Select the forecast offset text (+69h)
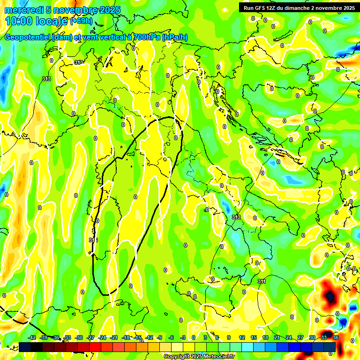(x=81, y=22)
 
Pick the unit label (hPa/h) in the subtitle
(x=176, y=37)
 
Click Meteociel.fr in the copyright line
(x=219, y=357)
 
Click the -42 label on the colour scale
(x=32, y=337)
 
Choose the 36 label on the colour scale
(x=336, y=337)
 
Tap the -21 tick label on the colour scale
(x=114, y=337)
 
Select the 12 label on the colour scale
(x=242, y=337)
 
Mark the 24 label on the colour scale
(x=289, y=337)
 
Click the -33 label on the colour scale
(x=67, y=337)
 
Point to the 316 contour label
(x=93, y=240)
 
